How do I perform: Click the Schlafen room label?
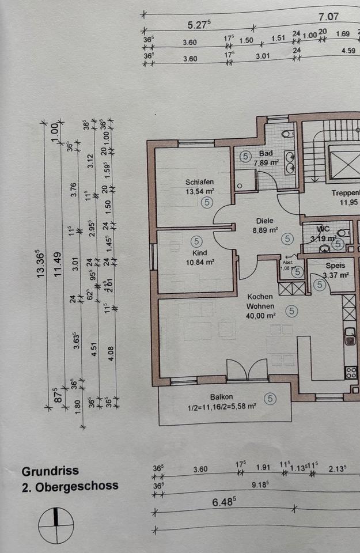[x=200, y=183]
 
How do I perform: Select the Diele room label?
[x=265, y=221]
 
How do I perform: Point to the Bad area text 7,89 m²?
[x=266, y=163]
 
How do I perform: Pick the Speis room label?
[x=335, y=266]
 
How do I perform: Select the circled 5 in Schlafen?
[x=208, y=202]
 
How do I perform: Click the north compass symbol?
[x=56, y=525]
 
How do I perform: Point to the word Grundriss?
[x=51, y=471]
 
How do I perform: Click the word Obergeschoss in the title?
[x=77, y=486]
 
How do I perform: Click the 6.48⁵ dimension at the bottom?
[x=223, y=502]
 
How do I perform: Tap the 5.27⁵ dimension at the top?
[x=199, y=25]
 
